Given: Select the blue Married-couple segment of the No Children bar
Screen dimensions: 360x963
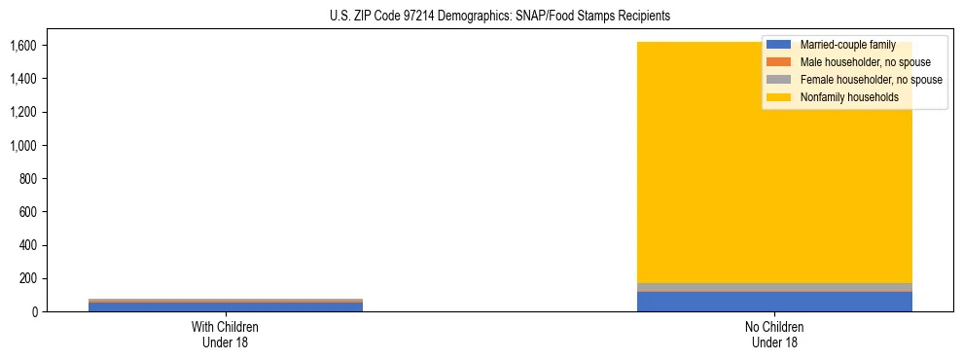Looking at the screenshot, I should tap(774, 302).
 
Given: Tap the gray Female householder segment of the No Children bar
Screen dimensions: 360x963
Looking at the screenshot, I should tap(774, 287).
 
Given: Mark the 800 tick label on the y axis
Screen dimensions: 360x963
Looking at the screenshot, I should tap(28, 179).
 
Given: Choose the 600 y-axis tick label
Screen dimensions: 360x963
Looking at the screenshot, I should tap(28, 212).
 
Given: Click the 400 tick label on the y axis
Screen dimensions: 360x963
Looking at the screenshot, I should tap(28, 245).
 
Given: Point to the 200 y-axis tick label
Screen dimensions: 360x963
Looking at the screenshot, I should tap(28, 278).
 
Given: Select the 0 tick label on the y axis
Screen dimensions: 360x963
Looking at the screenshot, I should tap(35, 312).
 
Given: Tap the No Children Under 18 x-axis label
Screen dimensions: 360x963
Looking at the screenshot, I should tap(774, 334).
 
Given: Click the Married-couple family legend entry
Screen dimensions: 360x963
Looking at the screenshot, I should tap(842, 45).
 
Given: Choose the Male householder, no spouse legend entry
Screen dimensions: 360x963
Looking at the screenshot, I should tap(856, 62).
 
